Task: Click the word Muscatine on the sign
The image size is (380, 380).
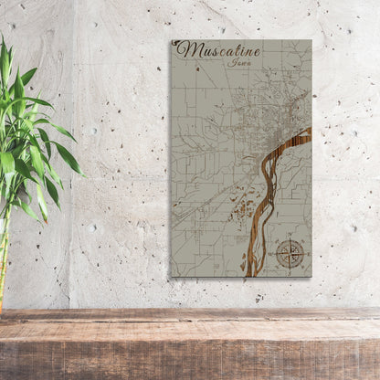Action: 218,50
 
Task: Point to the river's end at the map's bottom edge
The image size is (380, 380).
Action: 248,274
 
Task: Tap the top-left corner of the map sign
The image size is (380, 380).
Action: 171,40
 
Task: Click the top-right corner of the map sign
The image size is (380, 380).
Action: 311,40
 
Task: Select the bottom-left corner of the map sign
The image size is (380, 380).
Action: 171,276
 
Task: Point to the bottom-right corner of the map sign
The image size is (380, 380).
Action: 311,276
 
